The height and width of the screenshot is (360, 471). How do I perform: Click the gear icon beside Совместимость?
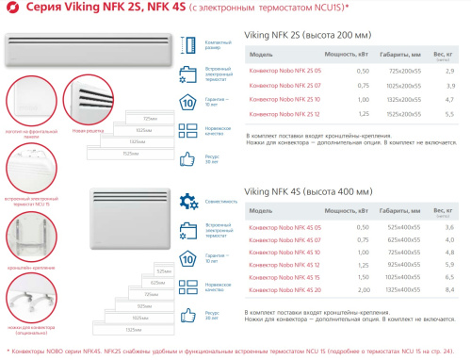187,200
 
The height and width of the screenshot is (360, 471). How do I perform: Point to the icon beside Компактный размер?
187,44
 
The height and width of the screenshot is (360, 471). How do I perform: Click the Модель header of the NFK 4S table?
260,212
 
